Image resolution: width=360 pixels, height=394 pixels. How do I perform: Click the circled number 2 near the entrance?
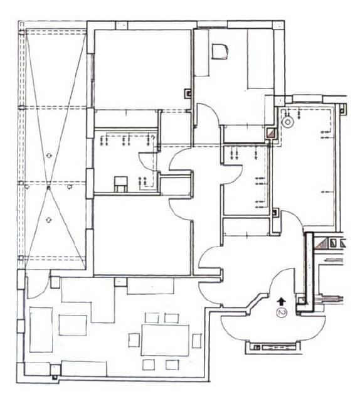point(282,312)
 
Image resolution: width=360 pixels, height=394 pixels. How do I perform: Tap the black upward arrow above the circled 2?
point(282,301)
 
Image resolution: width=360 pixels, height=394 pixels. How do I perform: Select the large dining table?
point(165,340)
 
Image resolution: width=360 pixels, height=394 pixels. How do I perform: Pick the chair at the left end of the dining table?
point(134,340)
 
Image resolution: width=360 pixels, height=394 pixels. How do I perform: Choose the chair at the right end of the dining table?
point(197,341)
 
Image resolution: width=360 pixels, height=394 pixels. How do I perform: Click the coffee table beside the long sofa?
point(73,325)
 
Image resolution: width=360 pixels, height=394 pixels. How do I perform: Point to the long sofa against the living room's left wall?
point(41,329)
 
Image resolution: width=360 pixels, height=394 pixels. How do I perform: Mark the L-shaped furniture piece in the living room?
point(88,299)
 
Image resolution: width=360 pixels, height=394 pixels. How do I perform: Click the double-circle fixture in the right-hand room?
point(288,122)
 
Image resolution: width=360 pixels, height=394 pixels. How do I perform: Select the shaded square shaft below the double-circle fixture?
point(272,134)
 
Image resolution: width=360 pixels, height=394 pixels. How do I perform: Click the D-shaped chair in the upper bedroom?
point(220,51)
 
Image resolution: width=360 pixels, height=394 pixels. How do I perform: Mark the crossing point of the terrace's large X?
point(49,187)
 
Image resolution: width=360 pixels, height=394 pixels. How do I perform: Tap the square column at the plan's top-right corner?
point(278,25)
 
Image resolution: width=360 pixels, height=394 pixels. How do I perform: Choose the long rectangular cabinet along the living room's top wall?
point(151,286)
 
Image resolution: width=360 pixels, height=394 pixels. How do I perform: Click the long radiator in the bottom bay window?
point(278,348)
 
